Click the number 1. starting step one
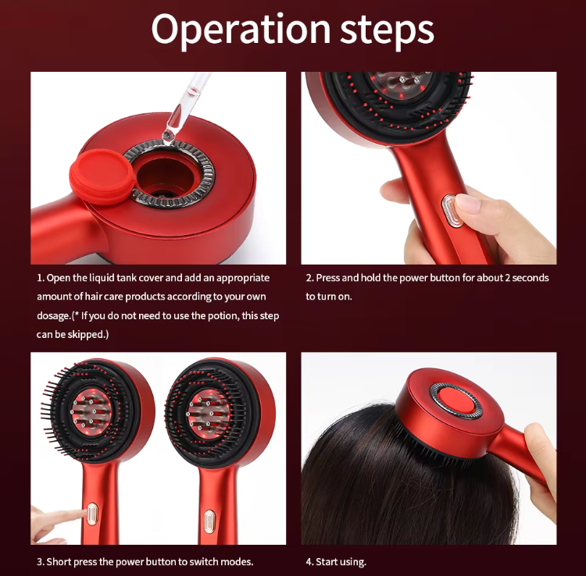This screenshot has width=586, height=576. [x=40, y=278]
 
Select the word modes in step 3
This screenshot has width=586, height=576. [x=237, y=562]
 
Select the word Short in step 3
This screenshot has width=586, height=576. [x=59, y=562]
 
